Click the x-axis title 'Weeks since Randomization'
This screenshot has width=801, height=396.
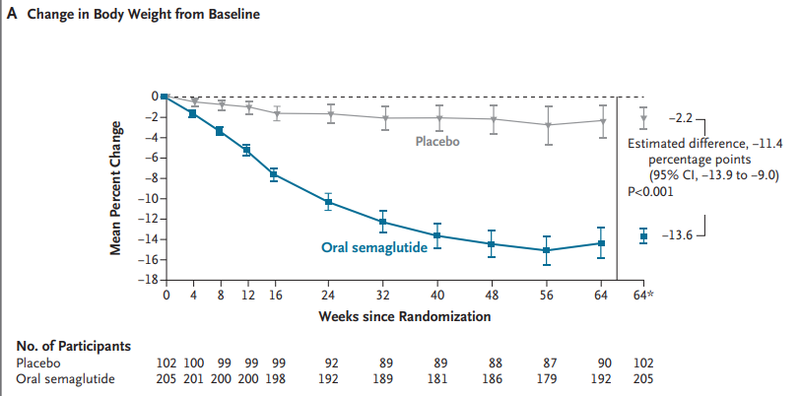pyautogui.click(x=404, y=316)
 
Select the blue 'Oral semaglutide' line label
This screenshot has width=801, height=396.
pyautogui.click(x=374, y=247)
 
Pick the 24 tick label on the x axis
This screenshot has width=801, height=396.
pyautogui.click(x=328, y=295)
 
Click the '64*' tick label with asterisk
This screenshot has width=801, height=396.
pyautogui.click(x=643, y=295)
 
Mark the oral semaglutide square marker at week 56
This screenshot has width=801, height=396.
pyautogui.click(x=547, y=250)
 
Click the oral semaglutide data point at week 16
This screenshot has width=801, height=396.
pyautogui.click(x=274, y=174)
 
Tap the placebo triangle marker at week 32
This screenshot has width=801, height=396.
pyautogui.click(x=383, y=118)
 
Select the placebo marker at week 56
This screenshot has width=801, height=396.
pyautogui.click(x=547, y=125)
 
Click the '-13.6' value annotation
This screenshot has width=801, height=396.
pyautogui.click(x=675, y=236)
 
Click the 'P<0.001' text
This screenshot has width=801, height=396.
pyautogui.click(x=650, y=192)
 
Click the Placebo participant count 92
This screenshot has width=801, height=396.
pyautogui.click(x=328, y=363)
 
